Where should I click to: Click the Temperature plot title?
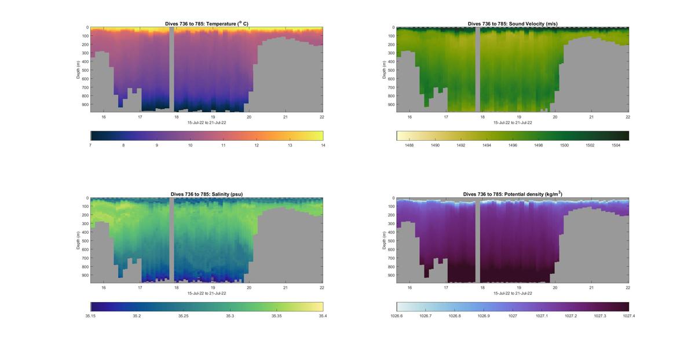click(207, 24)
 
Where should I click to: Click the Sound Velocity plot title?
click(513, 24)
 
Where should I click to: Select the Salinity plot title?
click(207, 194)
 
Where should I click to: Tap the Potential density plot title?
click(513, 194)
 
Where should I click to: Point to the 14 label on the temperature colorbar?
click(323, 145)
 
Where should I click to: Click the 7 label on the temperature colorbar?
click(91, 145)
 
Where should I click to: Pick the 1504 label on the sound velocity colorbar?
click(616, 145)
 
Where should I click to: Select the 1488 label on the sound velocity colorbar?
click(409, 145)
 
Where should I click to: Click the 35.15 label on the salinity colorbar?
click(91, 316)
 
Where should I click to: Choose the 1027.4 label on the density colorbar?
click(628, 316)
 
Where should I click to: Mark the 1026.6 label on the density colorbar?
click(397, 316)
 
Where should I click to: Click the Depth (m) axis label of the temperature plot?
click(78, 69)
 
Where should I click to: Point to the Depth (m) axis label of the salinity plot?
click(78, 240)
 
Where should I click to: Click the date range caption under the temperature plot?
click(207, 123)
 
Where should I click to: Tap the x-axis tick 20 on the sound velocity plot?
click(555, 117)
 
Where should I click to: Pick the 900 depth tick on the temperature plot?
click(85, 105)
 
